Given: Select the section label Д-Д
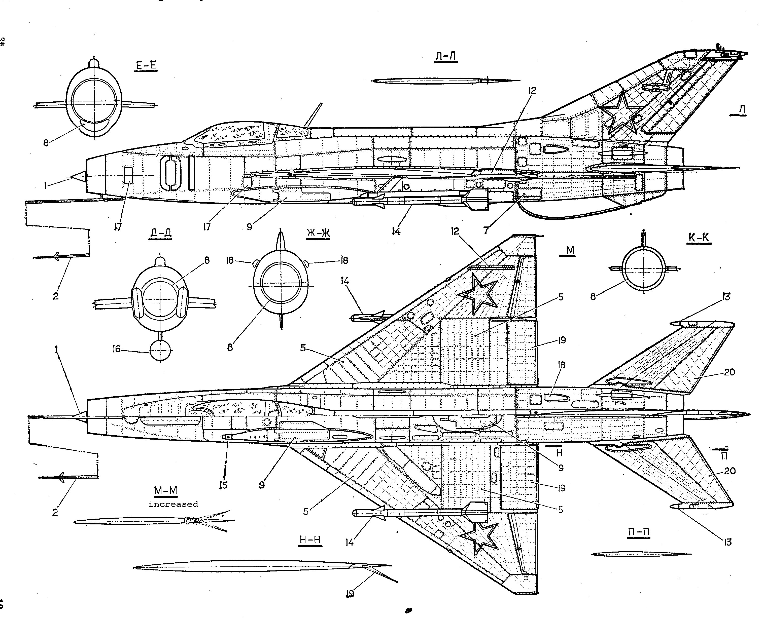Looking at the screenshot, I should [159, 233].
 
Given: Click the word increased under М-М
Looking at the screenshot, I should [173, 504].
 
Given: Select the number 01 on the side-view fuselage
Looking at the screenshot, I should [177, 173].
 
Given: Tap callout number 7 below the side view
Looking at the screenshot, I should [485, 230].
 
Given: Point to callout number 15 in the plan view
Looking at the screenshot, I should [223, 485].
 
